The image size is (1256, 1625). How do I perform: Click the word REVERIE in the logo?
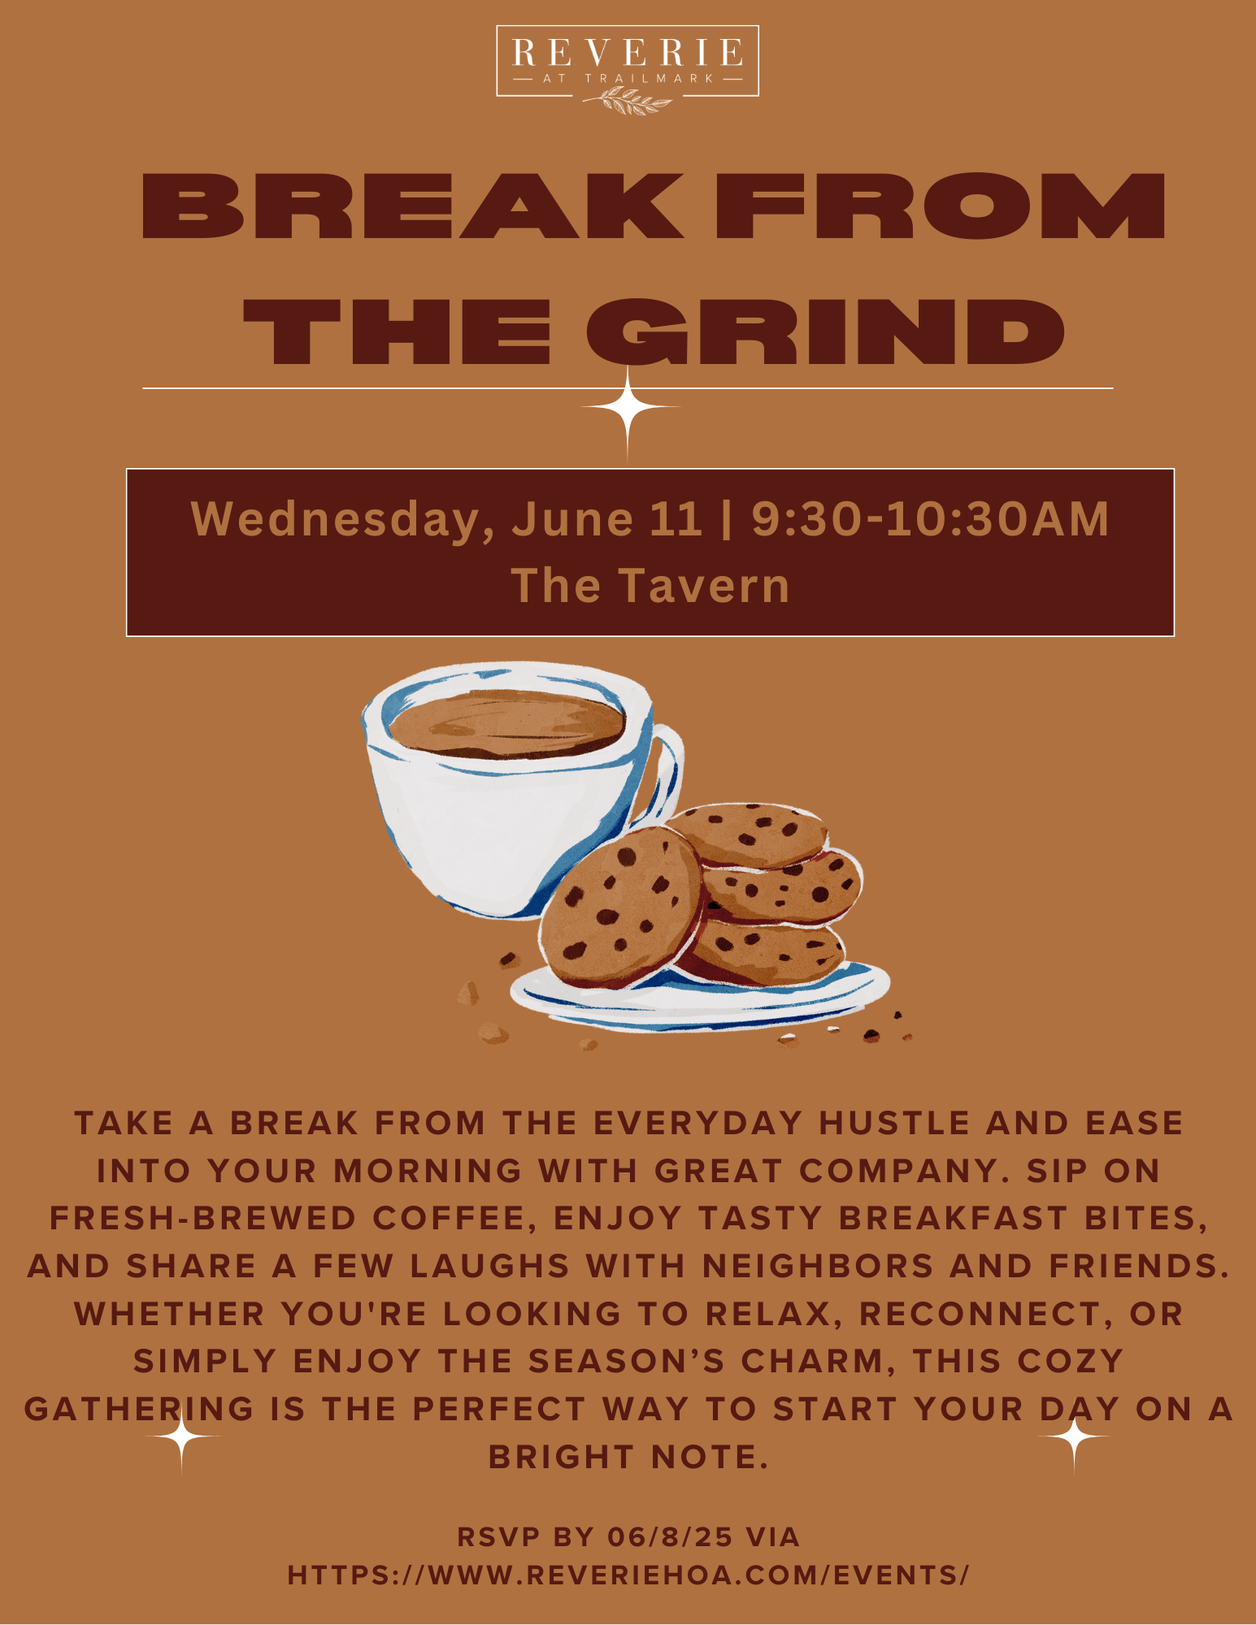pos(628,53)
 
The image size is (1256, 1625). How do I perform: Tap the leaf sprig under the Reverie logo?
pos(627,101)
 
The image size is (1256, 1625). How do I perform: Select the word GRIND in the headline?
pos(825,331)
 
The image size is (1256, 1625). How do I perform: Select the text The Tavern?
pos(650,585)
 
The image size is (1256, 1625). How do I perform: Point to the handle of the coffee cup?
pos(667,772)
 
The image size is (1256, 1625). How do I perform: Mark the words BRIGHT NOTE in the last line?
pos(628,1457)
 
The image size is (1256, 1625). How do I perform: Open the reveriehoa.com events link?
pos(628,1575)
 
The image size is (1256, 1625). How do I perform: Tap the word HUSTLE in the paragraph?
pos(894,1123)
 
